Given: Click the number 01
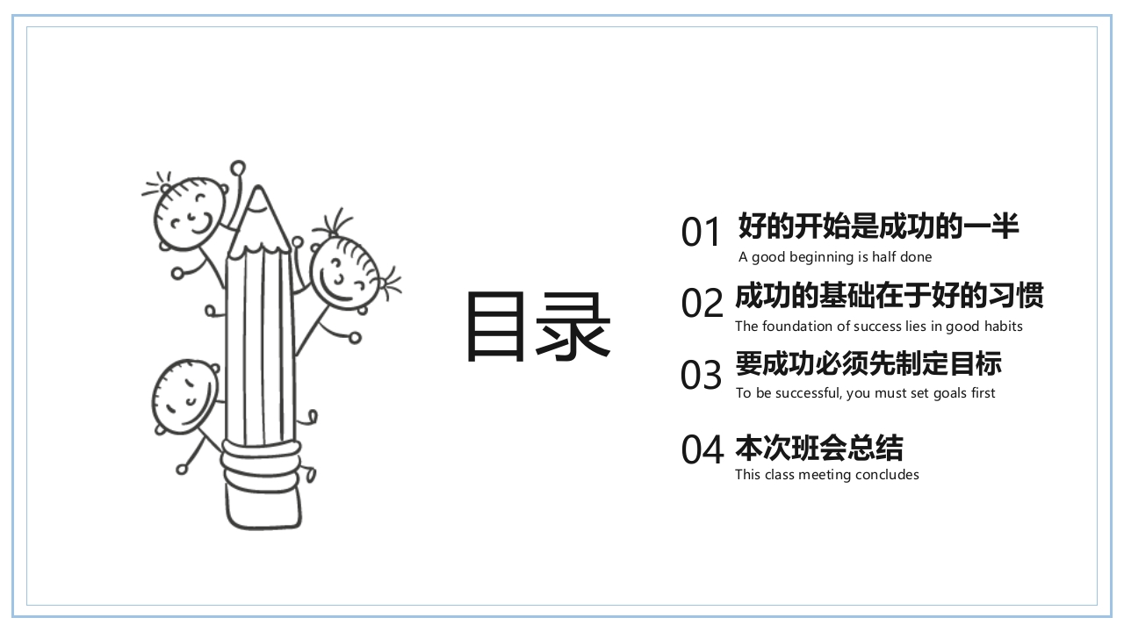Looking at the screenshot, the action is pyautogui.click(x=701, y=233).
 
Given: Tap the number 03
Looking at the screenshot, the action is pyautogui.click(x=701, y=376).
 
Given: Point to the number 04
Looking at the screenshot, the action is pyautogui.click(x=702, y=450).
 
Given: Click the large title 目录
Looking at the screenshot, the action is pyautogui.click(x=537, y=327).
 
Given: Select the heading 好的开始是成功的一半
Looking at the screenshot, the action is pyautogui.click(x=878, y=226).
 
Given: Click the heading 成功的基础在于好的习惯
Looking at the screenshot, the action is pyautogui.click(x=889, y=296).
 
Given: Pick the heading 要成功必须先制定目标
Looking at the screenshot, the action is pyautogui.click(x=868, y=363).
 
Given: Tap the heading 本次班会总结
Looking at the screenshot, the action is pyautogui.click(x=818, y=449).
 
